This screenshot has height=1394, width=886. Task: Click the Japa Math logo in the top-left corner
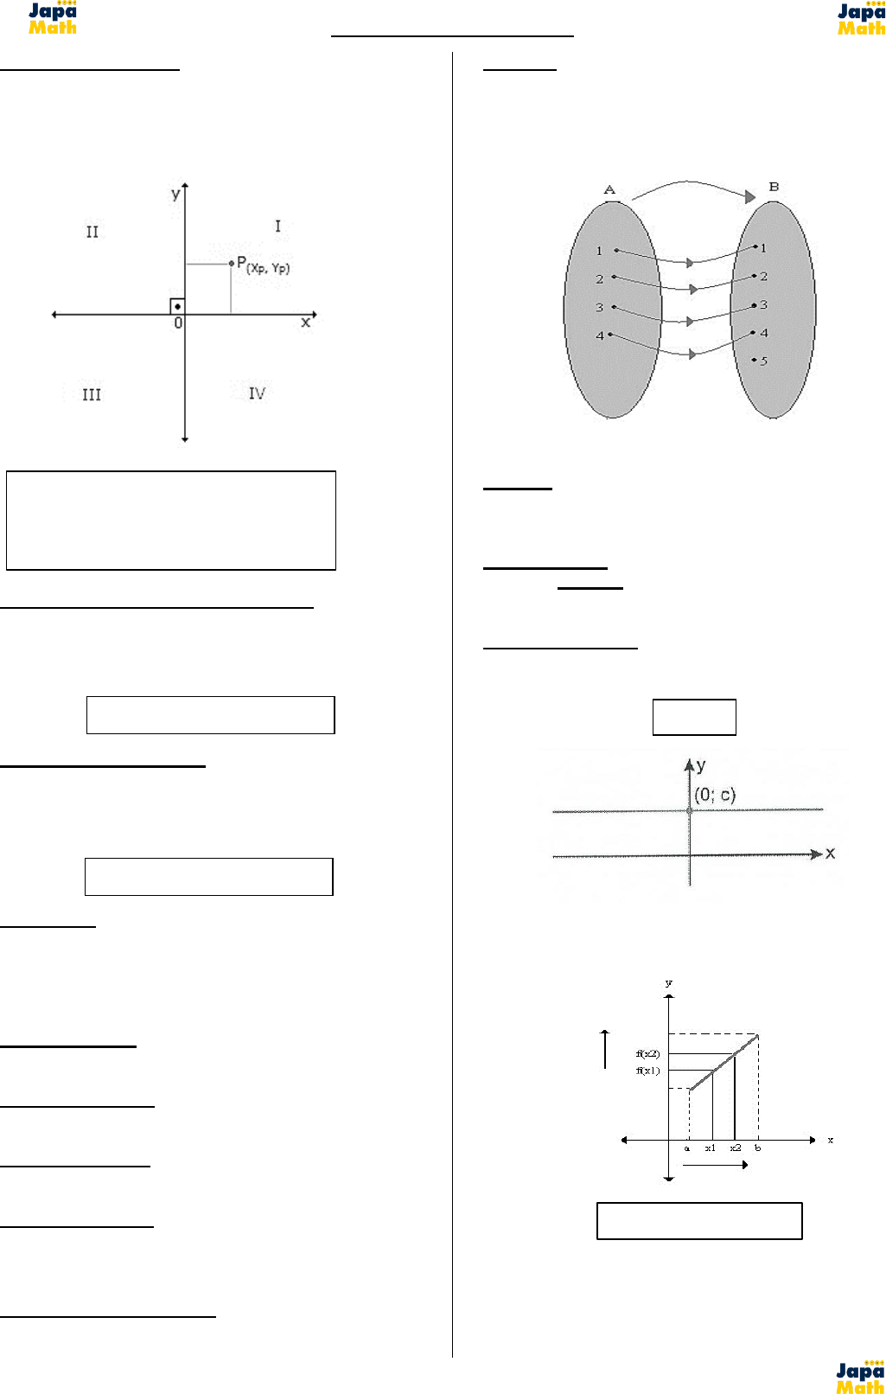(53, 18)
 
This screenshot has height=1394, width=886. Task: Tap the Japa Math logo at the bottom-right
(859, 1377)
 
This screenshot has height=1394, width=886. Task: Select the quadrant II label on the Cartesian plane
(92, 232)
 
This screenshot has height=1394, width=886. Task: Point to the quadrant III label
(92, 394)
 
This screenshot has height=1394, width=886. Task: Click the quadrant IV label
(257, 393)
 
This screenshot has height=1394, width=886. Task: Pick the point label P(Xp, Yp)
(264, 265)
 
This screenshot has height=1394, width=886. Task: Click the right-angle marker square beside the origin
(177, 306)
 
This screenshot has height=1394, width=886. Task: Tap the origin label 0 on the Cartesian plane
(178, 323)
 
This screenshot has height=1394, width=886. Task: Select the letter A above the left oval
(609, 189)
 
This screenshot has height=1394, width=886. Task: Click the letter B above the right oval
(774, 187)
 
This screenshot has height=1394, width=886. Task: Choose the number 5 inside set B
(763, 361)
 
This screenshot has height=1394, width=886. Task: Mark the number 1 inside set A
(599, 251)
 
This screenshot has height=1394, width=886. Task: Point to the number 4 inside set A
(600, 336)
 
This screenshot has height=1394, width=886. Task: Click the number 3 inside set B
(763, 304)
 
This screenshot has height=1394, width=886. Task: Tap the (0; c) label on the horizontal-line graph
(715, 795)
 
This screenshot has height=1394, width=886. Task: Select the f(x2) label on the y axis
(647, 1053)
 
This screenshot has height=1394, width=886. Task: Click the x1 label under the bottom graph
(710, 1148)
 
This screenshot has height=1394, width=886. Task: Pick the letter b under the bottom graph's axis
(758, 1148)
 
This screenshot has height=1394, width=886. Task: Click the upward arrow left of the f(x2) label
(605, 1049)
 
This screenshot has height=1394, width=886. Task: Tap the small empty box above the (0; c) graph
(694, 717)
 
